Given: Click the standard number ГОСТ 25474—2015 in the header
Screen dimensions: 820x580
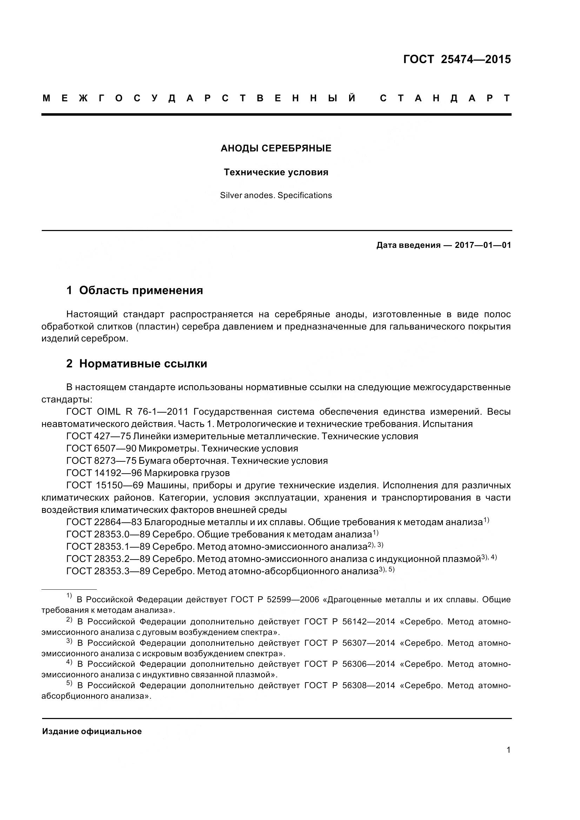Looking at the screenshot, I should point(457,59).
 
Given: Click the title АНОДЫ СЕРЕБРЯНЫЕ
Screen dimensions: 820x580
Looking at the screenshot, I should point(276,148).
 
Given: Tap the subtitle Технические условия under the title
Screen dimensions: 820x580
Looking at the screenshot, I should point(276,172).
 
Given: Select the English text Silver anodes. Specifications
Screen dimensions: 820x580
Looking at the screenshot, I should point(276,195).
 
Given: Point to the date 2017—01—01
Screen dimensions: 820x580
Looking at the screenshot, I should point(483,245).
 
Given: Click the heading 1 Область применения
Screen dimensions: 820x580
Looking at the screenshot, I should point(134,290).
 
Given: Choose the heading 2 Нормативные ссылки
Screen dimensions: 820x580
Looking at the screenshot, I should point(136,364).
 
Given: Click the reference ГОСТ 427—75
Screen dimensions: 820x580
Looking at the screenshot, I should point(98,436).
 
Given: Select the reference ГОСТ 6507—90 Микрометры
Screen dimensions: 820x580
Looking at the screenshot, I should point(182,448).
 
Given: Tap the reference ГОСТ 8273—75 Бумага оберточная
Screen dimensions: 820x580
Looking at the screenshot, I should point(196,461).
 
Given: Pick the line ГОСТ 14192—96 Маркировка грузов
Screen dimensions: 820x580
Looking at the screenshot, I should point(148,473).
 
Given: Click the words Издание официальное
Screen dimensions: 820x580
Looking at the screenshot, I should point(92,731).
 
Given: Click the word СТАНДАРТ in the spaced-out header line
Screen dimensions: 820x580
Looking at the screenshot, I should point(445,98).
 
